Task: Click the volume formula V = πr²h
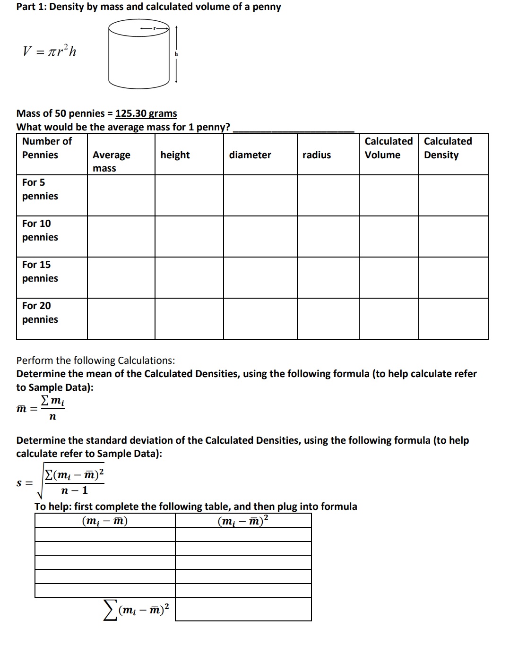(49, 51)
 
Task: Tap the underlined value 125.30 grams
(146, 113)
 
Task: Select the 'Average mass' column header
(111, 161)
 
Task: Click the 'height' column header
(175, 155)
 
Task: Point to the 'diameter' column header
(250, 155)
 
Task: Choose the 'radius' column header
(317, 155)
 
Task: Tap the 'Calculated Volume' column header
(388, 148)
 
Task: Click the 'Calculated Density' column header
(447, 148)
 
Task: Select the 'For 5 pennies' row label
(40, 189)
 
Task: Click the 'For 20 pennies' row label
(40, 312)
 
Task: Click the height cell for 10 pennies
(189, 236)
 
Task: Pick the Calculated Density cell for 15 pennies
(453, 277)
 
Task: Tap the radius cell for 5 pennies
(328, 195)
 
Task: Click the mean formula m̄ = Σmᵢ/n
(41, 408)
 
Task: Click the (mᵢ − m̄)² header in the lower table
(243, 520)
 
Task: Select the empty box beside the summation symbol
(243, 610)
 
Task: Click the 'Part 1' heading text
(148, 7)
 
